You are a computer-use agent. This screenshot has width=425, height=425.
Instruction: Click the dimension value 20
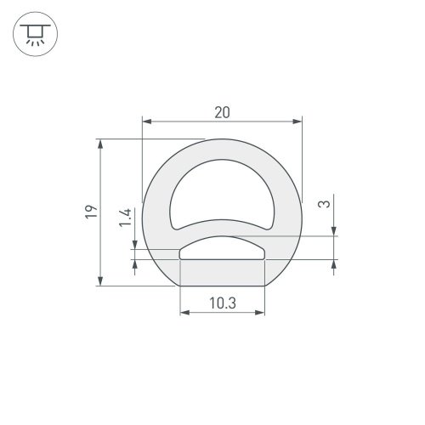[221, 112]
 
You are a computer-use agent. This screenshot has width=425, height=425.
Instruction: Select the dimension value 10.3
[221, 303]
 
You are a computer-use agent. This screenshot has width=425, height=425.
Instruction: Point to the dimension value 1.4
[125, 218]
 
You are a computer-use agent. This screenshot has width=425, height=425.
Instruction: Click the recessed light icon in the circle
[33, 34]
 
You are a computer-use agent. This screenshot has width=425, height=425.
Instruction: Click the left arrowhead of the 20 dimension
[143, 122]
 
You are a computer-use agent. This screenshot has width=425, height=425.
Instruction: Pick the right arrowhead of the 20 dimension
[299, 122]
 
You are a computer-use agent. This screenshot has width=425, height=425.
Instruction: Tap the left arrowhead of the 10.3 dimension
[182, 313]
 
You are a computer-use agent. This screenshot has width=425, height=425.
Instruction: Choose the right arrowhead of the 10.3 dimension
[260, 313]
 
